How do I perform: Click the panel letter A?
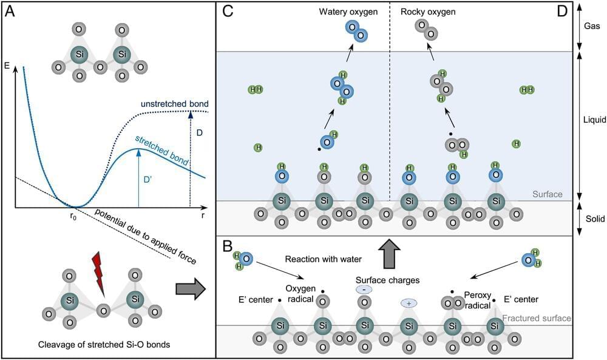point(11,12)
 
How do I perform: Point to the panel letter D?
point(562,12)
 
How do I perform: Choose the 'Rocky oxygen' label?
point(428,11)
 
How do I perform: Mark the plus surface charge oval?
point(409,302)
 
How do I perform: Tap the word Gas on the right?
point(592,27)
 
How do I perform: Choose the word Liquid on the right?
point(592,121)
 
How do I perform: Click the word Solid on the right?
point(592,219)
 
